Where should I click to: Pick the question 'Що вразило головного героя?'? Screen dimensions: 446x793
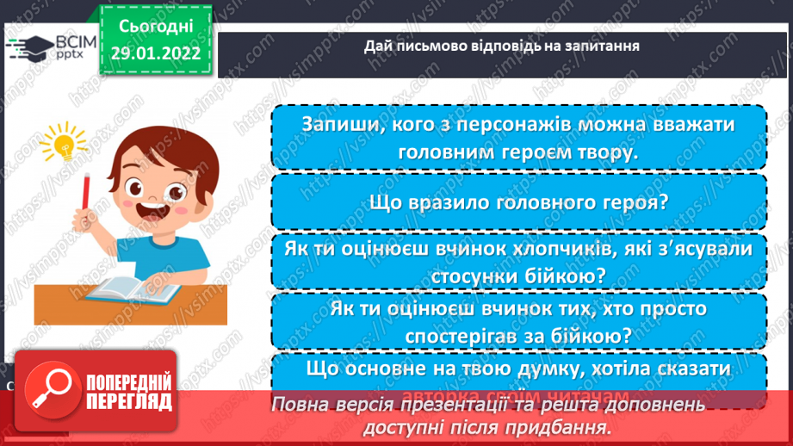point(518,202)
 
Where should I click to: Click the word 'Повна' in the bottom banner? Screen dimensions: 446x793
point(300,405)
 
